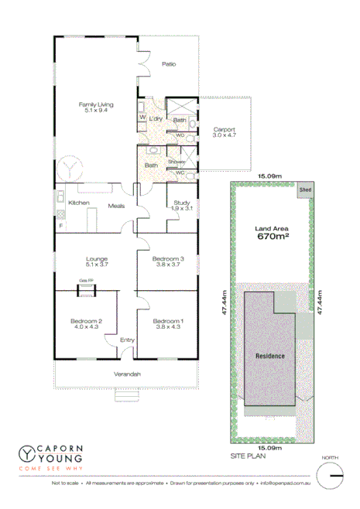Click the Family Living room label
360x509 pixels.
[95, 106]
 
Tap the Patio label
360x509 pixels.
[169, 64]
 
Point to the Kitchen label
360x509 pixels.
[80, 203]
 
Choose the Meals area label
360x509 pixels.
[117, 206]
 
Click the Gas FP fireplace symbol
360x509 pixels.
[85, 290]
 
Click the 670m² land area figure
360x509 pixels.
[273, 237]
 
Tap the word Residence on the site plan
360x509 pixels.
[270, 356]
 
